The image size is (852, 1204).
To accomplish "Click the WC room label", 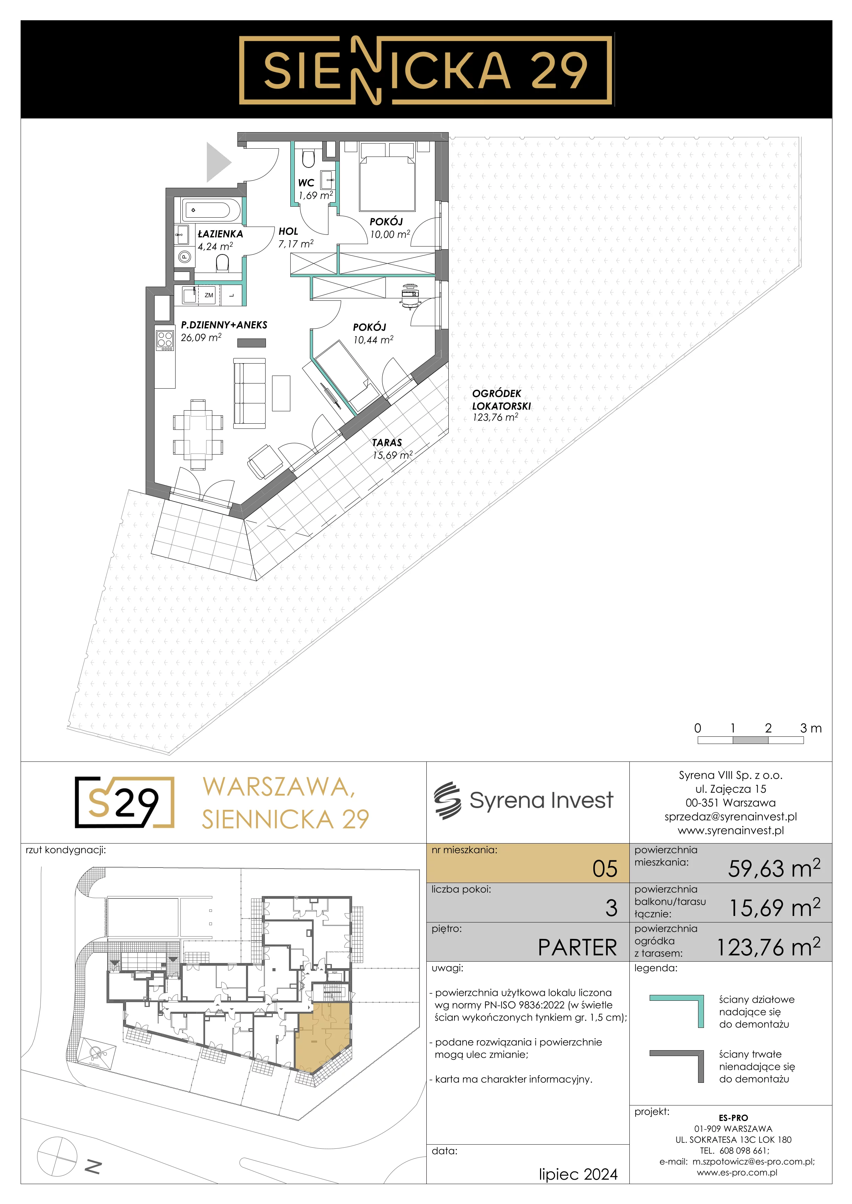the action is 306,183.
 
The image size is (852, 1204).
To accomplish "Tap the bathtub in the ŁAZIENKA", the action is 207,210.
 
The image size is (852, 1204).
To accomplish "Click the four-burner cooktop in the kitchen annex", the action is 165,341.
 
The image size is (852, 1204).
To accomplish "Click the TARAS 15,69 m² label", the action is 392,449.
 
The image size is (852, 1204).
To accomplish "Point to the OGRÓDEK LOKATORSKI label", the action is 501,400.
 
